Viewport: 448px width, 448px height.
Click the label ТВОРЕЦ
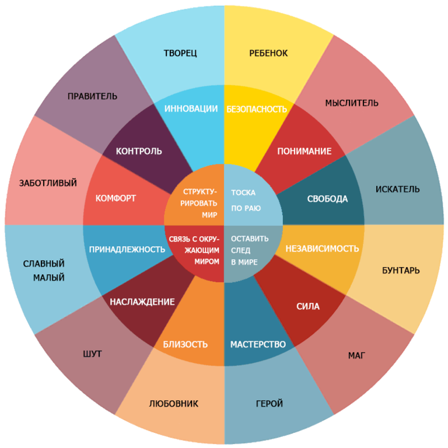pos(180,53)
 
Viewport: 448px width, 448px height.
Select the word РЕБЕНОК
pos(268,53)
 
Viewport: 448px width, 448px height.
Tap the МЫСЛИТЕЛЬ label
pos(352,103)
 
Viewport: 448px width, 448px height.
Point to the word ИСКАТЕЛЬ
pos(397,189)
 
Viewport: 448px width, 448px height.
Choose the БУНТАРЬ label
pos(401,270)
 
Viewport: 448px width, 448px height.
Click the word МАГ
pos(356,355)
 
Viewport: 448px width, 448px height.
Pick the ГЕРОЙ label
pos(269,404)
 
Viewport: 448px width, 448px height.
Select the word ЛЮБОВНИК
pos(173,404)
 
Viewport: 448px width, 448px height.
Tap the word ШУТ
pos(92,354)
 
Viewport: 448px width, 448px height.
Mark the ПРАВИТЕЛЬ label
pos(92,96)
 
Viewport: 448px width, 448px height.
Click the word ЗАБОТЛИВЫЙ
pos(48,183)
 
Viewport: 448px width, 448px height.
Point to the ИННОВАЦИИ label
pos(191,109)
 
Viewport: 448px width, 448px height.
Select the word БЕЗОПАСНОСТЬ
pos(257,109)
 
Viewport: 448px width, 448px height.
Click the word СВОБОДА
pos(327,199)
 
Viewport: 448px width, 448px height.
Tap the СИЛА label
pos(308,307)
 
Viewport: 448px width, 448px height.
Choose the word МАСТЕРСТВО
pos(258,344)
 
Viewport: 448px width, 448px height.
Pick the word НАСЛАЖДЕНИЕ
pos(142,302)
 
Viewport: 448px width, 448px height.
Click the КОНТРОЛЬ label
pos(139,151)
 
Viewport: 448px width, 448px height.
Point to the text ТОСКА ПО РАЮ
pos(246,200)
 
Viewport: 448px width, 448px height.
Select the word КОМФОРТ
pos(116,198)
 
